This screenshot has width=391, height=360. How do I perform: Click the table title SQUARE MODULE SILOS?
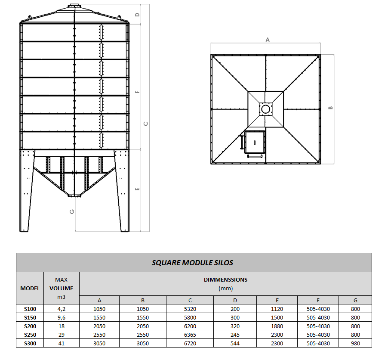(192, 263)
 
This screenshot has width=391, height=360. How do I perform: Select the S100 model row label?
(30, 309)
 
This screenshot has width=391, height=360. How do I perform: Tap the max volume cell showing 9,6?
(62, 317)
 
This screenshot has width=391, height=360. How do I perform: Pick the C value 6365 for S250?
(190, 335)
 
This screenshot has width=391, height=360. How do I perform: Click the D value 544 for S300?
(235, 344)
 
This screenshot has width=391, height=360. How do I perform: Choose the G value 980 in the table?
(355, 344)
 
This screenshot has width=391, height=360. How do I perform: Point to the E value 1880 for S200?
(277, 326)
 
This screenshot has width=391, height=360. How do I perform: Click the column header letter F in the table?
(318, 300)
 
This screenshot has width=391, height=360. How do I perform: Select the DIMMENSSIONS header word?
(225, 279)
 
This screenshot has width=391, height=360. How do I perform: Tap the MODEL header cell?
(30, 289)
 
